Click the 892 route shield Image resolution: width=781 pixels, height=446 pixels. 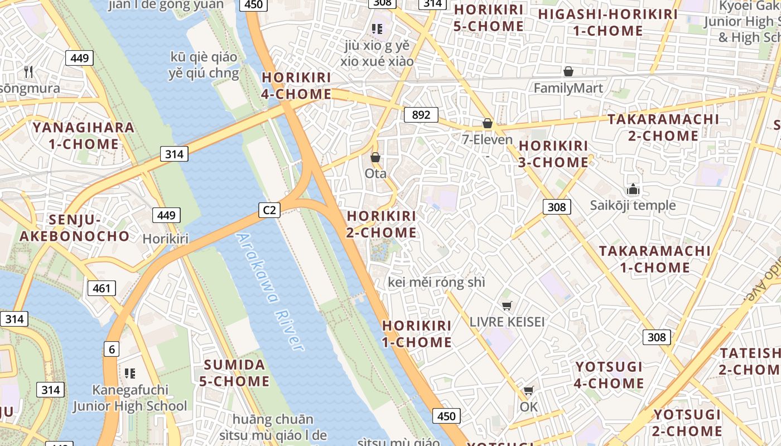pos(421,115)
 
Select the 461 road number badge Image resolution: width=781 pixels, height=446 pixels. pos(102,288)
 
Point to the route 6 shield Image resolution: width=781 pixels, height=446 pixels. pos(112,349)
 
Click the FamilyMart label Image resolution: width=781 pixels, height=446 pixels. pos(568,88)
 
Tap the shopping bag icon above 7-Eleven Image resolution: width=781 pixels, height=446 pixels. pos(488,124)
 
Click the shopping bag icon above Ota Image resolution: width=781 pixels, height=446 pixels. pos(375,158)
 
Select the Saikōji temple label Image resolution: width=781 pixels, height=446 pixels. pos(633,205)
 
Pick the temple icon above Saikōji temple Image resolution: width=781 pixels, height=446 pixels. pos(633,190)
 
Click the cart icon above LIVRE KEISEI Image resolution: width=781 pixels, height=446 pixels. pos(507,306)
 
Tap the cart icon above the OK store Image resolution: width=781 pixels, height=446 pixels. pos(528,391)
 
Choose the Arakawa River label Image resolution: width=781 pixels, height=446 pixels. pos(271,291)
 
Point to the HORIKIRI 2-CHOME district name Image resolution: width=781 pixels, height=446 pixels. pos(382,224)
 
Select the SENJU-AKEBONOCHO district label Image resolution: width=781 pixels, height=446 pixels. pos(75,227)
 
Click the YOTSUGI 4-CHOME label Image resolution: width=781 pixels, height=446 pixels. pos(609,375)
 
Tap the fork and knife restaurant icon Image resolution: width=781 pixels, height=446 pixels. pos(29,72)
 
